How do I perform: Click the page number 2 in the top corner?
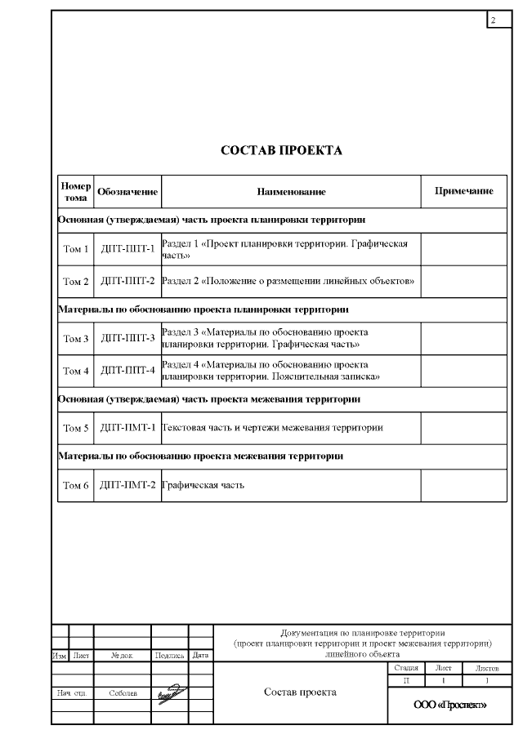click(x=494, y=19)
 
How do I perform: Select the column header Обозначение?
click(x=127, y=191)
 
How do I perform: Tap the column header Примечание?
click(x=463, y=191)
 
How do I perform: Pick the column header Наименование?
click(x=292, y=191)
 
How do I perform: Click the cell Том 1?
click(x=76, y=249)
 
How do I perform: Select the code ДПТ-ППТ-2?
click(x=127, y=281)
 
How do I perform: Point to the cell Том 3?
click(x=76, y=338)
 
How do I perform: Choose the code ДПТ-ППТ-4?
click(x=127, y=370)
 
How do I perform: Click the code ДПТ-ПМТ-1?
click(x=127, y=427)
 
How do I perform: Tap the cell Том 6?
click(x=76, y=485)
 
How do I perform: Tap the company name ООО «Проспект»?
click(x=450, y=705)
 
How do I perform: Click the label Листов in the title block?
click(x=487, y=668)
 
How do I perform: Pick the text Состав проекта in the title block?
click(x=300, y=692)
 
